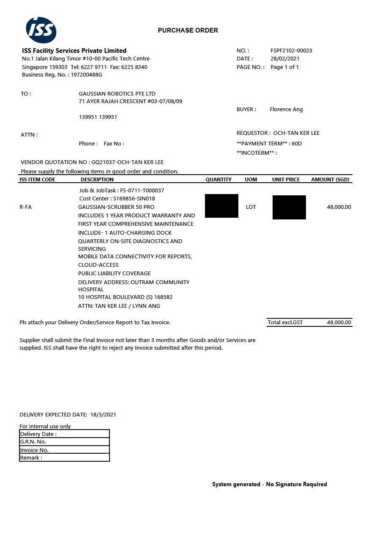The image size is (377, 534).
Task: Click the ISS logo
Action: point(41,30)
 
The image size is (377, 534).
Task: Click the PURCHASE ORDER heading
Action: point(188,30)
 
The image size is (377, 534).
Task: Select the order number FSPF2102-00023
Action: point(291,51)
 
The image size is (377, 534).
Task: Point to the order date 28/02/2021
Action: point(285,59)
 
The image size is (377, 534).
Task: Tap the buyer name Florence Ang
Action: point(286,110)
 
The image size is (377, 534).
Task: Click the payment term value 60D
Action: point(297,144)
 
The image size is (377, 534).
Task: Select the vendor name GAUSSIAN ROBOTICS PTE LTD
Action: point(117,94)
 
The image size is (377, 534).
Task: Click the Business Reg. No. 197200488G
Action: point(86,75)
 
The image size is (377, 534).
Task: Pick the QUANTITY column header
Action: point(219,180)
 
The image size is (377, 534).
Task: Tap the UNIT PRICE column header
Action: point(286,180)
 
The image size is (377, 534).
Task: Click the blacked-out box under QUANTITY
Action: point(221,206)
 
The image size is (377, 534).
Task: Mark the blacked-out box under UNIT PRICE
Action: point(289,207)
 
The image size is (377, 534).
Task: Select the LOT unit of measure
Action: point(251,207)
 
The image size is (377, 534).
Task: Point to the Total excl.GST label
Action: point(285,323)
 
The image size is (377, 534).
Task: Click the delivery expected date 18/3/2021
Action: point(103,415)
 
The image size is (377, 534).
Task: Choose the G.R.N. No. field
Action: point(64,442)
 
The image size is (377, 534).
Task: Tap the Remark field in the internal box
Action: point(64,458)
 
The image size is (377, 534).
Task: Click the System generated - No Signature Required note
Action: point(270,485)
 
